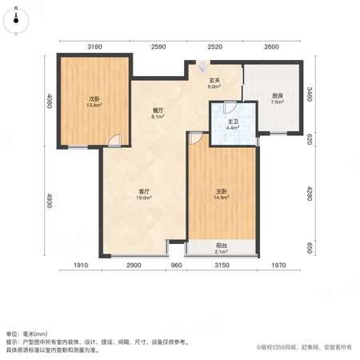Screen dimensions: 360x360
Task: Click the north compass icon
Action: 16,21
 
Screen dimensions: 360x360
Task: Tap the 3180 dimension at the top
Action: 94,47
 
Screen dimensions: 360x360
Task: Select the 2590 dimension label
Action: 158,47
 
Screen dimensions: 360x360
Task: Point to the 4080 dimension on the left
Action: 49,101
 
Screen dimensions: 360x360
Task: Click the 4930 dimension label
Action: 49,201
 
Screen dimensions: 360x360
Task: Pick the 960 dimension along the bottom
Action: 176,265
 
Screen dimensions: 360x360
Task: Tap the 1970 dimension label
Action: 278,265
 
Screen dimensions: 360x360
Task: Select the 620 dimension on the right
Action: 309,139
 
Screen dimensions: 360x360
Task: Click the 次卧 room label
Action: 94,99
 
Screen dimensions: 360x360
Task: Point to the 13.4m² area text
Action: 94,105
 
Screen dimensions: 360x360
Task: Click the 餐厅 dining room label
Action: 158,110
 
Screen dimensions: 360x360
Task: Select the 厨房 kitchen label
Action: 278,96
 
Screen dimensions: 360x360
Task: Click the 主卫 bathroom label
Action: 233,122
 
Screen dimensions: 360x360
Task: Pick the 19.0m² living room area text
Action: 144,198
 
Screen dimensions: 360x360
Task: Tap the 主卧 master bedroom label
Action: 222,191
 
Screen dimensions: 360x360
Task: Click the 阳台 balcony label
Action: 222,246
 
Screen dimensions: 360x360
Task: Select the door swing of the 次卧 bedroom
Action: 114,141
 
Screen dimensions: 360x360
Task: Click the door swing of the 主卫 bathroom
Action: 230,107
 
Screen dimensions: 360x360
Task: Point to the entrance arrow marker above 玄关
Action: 203,66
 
